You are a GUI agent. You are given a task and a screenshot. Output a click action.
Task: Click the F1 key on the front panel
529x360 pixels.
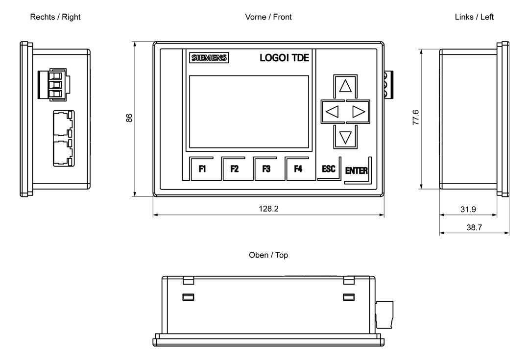(x=202, y=168)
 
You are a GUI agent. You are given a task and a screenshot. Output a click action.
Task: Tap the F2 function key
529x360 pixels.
(x=234, y=168)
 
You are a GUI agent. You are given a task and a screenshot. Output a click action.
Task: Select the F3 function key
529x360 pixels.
(x=266, y=168)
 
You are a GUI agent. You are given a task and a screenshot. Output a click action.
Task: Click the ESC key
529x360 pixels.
(x=329, y=168)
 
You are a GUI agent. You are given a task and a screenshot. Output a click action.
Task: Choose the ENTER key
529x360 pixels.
(x=356, y=171)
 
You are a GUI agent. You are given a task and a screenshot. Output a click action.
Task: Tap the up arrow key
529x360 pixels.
(x=345, y=86)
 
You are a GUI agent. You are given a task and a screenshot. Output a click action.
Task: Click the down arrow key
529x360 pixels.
(x=345, y=137)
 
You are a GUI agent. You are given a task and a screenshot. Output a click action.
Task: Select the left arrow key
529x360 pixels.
(x=333, y=112)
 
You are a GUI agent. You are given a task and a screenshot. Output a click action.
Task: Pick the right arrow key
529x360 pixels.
(x=358, y=112)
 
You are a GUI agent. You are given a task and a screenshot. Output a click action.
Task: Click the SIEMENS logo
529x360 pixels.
(x=209, y=58)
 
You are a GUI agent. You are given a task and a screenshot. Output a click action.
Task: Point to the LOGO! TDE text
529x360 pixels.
(x=285, y=58)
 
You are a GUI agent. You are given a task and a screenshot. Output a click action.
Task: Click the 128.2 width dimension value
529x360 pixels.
(x=268, y=209)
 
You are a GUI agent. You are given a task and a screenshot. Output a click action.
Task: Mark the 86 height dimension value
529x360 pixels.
(x=129, y=118)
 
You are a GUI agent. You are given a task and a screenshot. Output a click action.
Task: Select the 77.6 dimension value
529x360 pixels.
(x=416, y=118)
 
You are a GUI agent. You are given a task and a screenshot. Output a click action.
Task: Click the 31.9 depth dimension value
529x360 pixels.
(x=468, y=209)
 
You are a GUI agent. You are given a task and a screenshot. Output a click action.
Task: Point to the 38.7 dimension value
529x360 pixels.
(x=474, y=227)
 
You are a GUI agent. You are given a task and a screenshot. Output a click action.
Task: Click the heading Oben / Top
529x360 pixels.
(x=268, y=255)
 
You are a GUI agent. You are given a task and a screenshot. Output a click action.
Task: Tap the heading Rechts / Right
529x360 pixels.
(x=55, y=17)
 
